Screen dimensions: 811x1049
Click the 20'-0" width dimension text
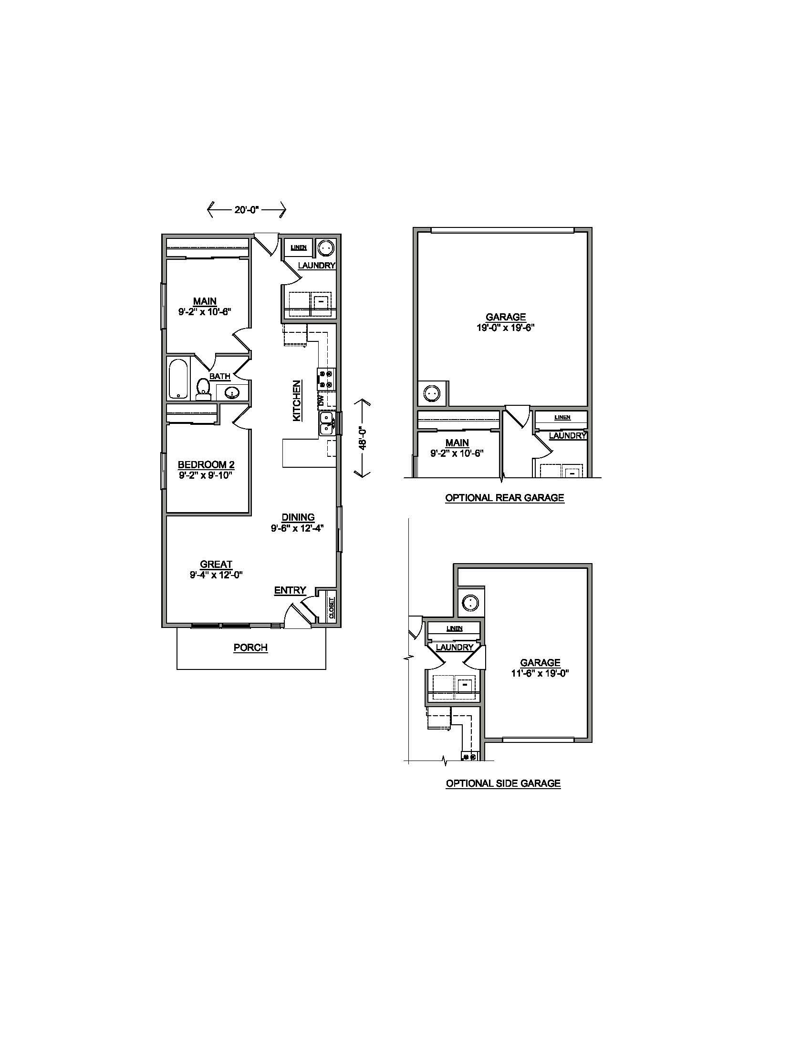point(247,209)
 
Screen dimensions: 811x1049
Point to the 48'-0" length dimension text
point(363,438)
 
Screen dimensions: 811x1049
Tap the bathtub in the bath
point(179,379)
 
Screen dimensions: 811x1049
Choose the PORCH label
point(250,648)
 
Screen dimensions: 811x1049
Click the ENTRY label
point(290,591)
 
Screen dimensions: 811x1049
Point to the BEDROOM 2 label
point(206,465)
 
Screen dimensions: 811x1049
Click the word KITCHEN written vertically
point(297,401)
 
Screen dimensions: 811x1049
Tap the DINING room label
point(298,517)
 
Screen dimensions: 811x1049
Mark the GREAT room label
point(216,565)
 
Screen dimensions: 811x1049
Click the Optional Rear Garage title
point(504,498)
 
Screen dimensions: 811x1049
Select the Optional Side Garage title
point(503,783)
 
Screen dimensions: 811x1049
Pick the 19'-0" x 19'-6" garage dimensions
point(505,328)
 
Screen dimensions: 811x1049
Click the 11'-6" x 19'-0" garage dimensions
point(540,673)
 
